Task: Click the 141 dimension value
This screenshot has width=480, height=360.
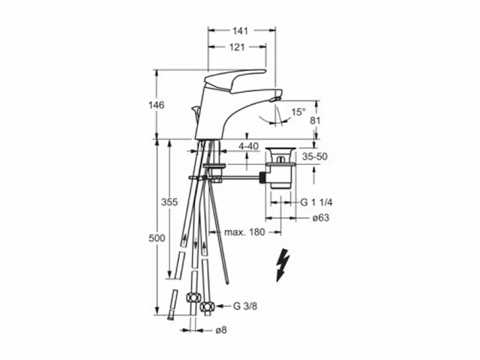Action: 240,31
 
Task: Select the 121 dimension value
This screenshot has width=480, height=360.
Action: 237,47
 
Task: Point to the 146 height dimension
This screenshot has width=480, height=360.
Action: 157,105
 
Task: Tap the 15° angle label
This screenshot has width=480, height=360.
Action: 298,112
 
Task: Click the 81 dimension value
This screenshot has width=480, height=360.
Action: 315,120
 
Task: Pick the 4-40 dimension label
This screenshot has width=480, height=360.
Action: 248,146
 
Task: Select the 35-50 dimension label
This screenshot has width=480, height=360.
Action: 315,157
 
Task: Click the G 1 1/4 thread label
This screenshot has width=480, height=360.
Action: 316,202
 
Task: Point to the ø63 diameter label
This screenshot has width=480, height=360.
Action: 321,217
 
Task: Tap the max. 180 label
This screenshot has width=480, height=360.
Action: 244,232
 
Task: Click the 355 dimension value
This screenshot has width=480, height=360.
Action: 169,202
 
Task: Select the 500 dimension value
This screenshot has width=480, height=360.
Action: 157,238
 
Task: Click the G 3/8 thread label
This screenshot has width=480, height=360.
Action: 245,306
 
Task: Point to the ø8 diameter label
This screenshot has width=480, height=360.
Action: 221,330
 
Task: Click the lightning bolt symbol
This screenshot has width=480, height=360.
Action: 282,265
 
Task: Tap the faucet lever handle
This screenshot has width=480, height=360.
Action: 234,81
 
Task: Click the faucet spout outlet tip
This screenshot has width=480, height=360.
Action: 275,98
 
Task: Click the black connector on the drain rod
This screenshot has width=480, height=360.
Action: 262,178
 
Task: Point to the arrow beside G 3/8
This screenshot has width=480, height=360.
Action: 223,306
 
